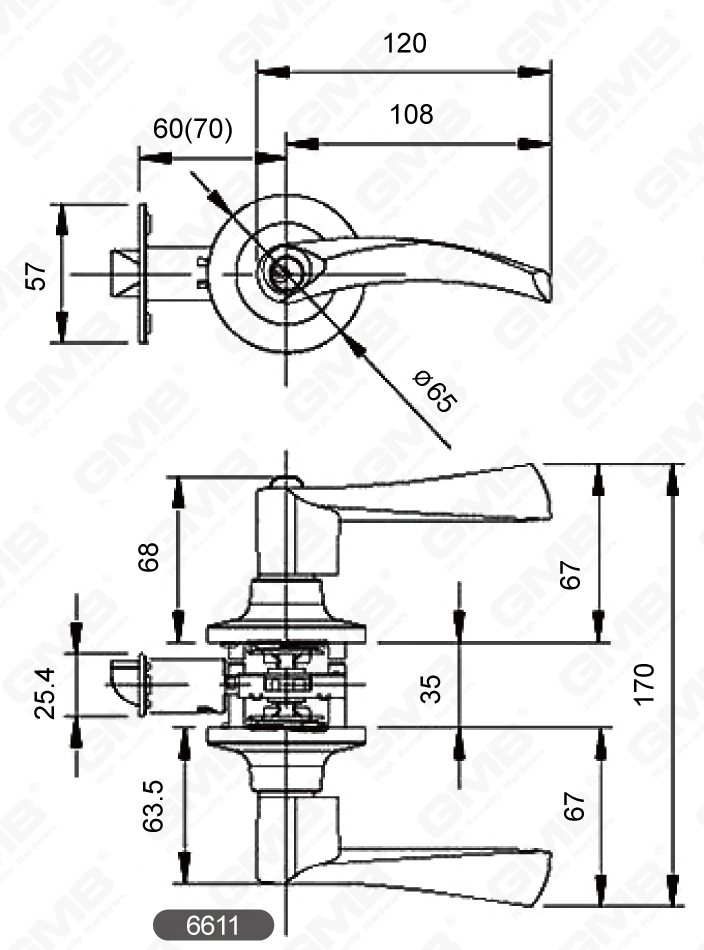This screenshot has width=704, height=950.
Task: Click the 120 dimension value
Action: (404, 43)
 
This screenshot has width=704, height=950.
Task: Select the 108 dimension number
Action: (411, 114)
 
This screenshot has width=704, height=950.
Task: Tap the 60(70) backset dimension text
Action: (192, 129)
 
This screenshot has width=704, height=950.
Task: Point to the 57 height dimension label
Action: (36, 275)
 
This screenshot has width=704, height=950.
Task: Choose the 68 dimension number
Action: (148, 557)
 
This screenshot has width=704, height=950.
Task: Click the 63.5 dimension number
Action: (153, 807)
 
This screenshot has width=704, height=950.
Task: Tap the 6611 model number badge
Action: (213, 925)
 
